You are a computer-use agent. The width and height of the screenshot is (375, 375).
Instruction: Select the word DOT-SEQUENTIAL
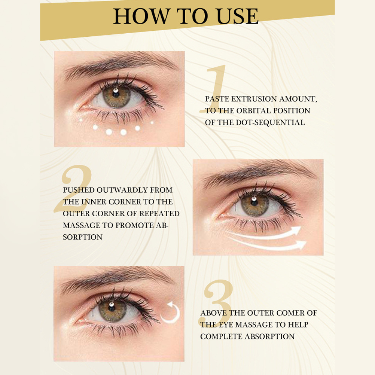point(270,122)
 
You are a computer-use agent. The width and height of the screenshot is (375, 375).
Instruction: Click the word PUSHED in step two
point(79,190)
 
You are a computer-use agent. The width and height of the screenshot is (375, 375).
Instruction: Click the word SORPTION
point(82,237)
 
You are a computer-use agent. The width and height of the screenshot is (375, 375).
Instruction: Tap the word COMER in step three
point(287,313)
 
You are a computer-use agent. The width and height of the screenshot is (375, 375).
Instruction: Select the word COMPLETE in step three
point(221,336)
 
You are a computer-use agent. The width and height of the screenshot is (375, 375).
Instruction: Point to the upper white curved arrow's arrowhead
point(296,231)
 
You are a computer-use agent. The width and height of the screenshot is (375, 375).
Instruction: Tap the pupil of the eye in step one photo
point(116,94)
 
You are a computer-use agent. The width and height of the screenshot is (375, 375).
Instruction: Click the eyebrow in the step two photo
point(259,172)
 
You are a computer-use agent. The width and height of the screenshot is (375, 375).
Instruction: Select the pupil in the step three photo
point(112,307)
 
